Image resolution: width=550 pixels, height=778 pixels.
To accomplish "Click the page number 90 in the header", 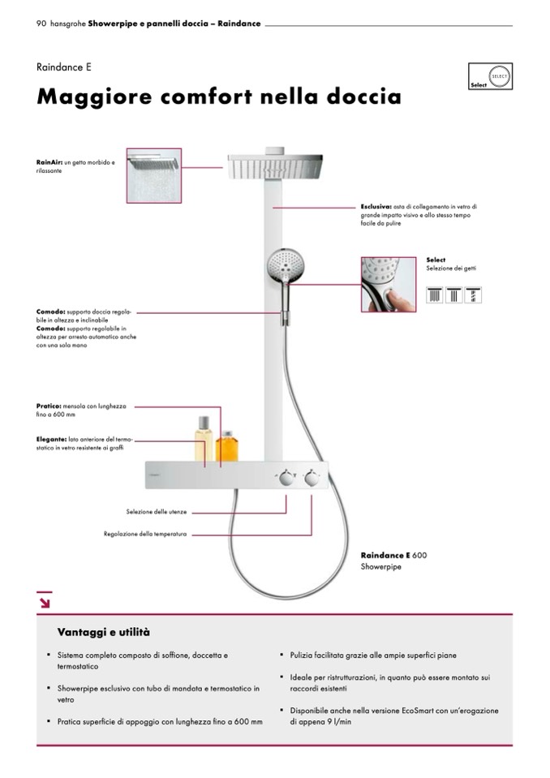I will click(x=41, y=24).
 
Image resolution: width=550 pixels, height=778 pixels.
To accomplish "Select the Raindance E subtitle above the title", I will click(x=58, y=67).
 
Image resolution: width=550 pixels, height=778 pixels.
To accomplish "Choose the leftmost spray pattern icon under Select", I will click(x=435, y=294).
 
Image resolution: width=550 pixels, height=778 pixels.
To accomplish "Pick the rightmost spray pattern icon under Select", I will click(x=474, y=294).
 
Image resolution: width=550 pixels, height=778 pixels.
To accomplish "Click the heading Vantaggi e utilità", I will click(x=104, y=632).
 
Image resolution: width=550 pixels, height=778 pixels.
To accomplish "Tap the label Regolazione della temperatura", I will click(x=145, y=535).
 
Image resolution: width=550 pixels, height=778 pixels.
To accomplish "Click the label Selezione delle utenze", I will click(x=157, y=513).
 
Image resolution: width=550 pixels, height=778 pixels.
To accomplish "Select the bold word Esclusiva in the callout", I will click(x=376, y=207).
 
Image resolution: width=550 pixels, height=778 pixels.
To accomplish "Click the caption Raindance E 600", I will click(x=393, y=556).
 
